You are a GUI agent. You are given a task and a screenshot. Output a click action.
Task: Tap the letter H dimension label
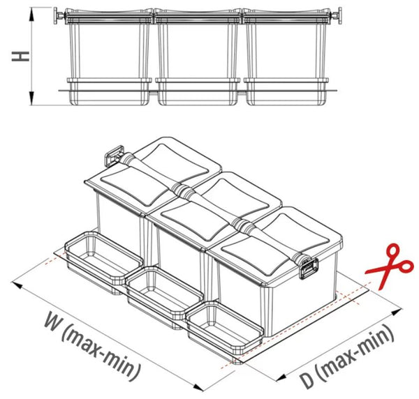click(20, 57)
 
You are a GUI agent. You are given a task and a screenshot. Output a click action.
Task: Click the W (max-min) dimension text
click(93, 347)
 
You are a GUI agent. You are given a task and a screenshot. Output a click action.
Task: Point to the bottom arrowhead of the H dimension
click(32, 98)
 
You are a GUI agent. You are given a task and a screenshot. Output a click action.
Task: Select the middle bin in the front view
click(198, 57)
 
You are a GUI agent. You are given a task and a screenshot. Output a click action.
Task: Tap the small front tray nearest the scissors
click(225, 332)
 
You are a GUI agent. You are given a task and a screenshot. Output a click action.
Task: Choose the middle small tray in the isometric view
click(164, 296)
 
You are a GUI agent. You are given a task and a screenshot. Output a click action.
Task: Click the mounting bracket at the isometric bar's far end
click(115, 156)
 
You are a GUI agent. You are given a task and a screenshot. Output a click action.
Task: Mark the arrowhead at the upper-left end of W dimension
click(17, 285)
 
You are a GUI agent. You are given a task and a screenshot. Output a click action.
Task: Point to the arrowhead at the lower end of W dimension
click(198, 387)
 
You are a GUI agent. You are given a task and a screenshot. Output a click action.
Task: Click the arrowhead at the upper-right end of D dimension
click(397, 312)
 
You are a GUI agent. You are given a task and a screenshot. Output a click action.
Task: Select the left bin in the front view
click(110, 57)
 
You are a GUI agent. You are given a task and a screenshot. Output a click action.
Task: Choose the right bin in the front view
click(286, 57)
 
